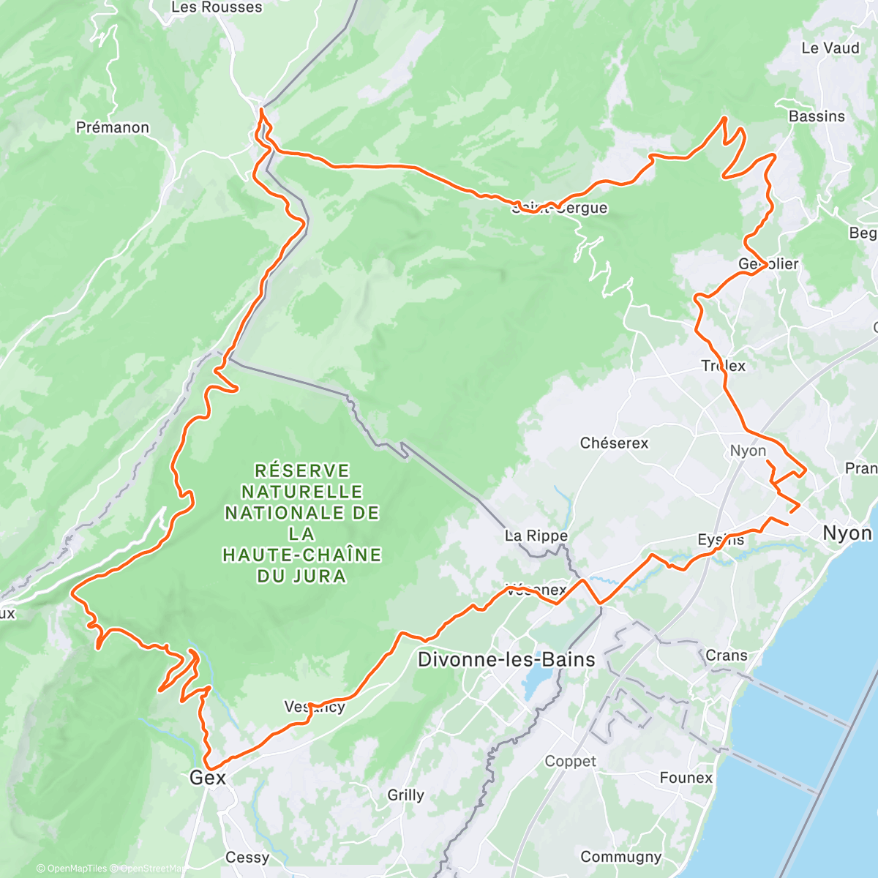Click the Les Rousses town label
click(216, 8)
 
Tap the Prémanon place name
click(113, 128)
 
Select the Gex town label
click(208, 778)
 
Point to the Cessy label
click(247, 858)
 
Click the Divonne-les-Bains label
click(506, 660)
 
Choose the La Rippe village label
click(536, 536)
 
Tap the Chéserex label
click(614, 443)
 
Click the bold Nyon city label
click(847, 533)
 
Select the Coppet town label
click(571, 762)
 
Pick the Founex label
click(686, 778)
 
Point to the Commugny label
click(621, 857)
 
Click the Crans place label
click(727, 656)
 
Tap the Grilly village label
click(405, 795)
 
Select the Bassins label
click(817, 117)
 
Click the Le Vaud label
click(830, 48)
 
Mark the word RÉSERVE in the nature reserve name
click(302, 470)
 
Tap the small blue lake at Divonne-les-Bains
click(536, 680)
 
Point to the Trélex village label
click(724, 366)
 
